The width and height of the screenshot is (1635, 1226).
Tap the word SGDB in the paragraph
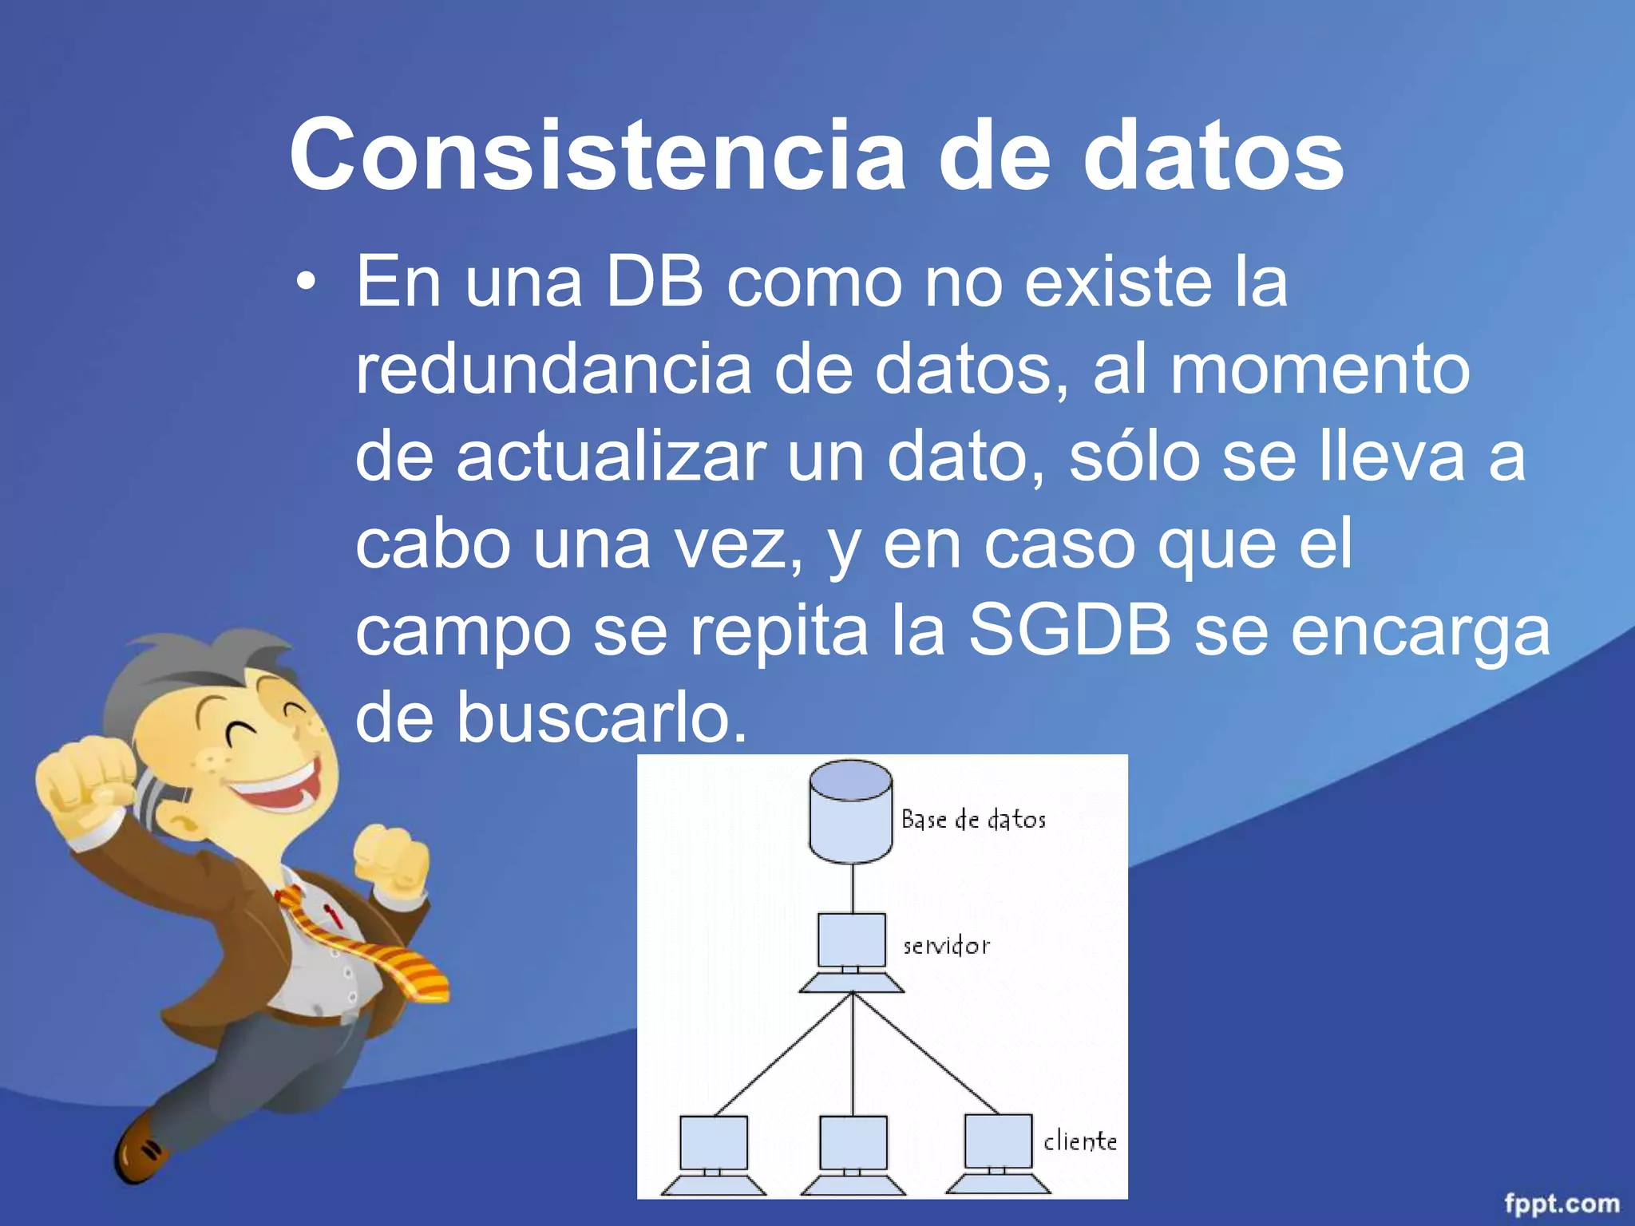[x=1070, y=630]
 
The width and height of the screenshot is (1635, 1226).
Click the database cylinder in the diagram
[x=850, y=813]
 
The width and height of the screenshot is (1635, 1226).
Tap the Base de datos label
[x=973, y=820]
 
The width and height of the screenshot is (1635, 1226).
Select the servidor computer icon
[x=852, y=950]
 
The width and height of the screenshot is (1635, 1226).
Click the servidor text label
[x=946, y=947]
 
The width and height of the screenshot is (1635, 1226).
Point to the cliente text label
[x=1079, y=1141]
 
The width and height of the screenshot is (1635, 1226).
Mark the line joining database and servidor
[x=853, y=888]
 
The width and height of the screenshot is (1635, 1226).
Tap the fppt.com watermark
[x=1562, y=1202]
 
